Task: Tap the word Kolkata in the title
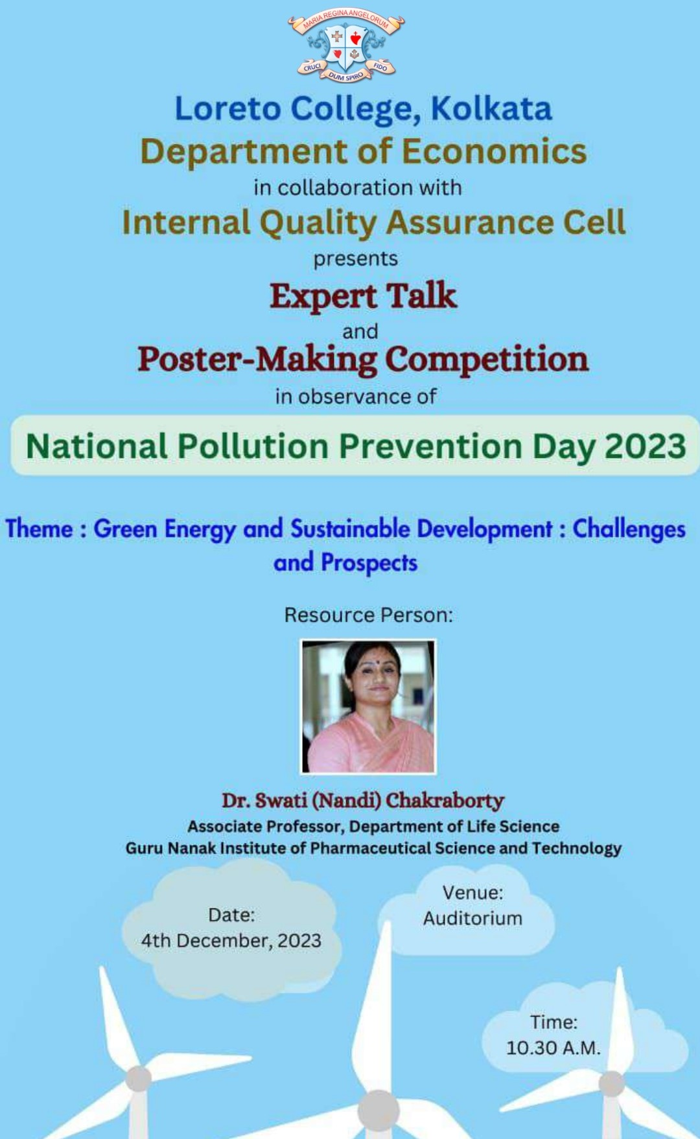[491, 108]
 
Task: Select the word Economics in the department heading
[495, 151]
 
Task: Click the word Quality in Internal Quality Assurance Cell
[318, 223]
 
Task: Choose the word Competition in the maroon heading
[487, 359]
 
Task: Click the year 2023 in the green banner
[645, 446]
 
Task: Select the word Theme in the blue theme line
[39, 529]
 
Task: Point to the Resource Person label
[368, 615]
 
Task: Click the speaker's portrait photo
[368, 706]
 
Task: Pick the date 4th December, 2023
[231, 941]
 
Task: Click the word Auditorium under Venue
[472, 919]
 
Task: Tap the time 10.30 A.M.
[554, 1048]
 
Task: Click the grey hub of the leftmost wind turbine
[138, 1079]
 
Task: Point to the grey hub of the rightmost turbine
[611, 1083]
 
